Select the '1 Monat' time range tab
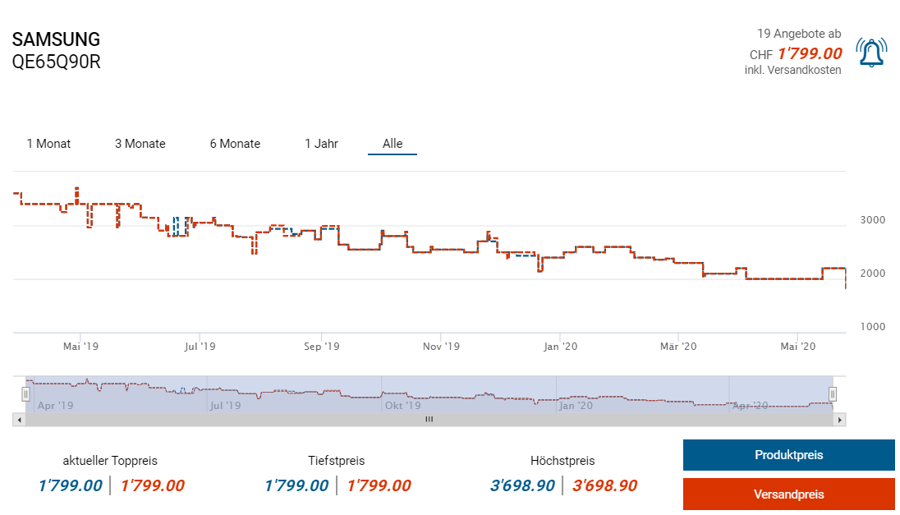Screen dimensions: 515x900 48,144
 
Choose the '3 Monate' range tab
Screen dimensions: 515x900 140,144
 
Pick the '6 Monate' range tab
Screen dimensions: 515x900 235,144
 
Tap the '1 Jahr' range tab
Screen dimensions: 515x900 321,144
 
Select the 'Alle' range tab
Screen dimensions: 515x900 393,144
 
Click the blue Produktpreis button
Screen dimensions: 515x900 788,455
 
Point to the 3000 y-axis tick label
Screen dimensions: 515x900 872,220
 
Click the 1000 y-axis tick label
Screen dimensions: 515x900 872,327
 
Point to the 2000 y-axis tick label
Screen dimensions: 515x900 872,274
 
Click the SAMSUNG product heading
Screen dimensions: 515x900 56,39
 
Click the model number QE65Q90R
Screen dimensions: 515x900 56,62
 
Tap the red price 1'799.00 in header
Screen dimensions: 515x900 810,54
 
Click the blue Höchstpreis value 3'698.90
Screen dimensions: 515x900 522,485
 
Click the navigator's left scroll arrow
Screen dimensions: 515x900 18,420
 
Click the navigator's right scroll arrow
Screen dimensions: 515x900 839,420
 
